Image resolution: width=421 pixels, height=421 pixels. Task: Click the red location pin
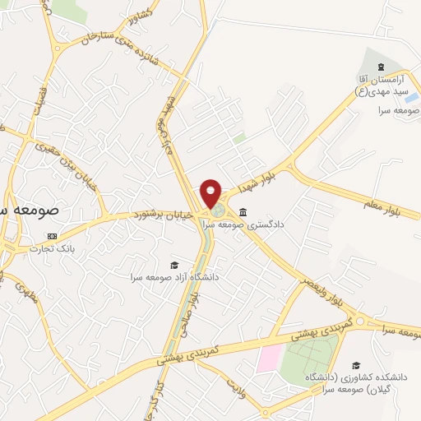pos(211,193)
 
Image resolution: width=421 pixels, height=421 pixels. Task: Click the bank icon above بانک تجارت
pos(53,235)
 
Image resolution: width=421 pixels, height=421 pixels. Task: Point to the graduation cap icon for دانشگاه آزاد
pos(174,264)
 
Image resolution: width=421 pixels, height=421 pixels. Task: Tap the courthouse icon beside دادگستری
pos(243,212)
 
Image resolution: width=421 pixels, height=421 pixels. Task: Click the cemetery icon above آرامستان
pos(379,67)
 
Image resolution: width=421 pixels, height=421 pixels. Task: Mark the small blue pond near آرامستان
pos(410,98)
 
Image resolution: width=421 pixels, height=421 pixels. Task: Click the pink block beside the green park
pos(267,359)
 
